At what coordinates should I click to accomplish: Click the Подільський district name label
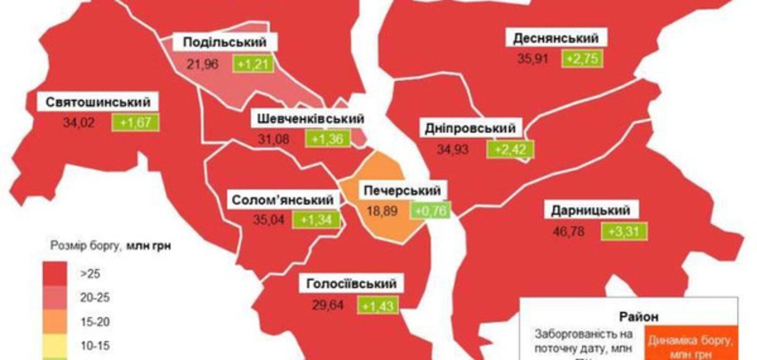(225, 42)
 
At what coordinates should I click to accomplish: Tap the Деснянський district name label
(556, 38)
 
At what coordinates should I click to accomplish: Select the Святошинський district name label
(98, 102)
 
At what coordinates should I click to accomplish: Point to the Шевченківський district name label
(310, 119)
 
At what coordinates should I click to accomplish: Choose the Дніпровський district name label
(470, 128)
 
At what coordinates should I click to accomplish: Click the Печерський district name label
(402, 191)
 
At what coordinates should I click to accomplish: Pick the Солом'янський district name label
(283, 200)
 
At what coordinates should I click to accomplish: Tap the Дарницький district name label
(590, 210)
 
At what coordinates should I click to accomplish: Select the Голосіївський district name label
(351, 284)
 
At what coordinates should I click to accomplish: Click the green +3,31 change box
(624, 232)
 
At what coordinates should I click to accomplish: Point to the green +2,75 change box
(582, 59)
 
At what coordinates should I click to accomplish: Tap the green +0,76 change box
(430, 211)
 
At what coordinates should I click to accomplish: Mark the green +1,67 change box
(135, 123)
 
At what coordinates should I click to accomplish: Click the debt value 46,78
(569, 232)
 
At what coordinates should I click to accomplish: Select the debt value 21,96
(202, 64)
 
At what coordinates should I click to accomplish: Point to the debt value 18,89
(382, 211)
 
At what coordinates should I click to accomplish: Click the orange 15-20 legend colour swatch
(55, 321)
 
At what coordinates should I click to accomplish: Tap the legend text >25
(90, 274)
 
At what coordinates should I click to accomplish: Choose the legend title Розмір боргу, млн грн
(111, 246)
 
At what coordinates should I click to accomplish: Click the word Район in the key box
(639, 317)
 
